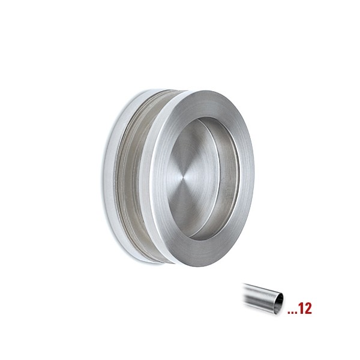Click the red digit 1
302,308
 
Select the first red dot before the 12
289,313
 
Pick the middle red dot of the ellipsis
292,313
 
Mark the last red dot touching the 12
296,313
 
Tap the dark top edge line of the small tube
262,287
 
